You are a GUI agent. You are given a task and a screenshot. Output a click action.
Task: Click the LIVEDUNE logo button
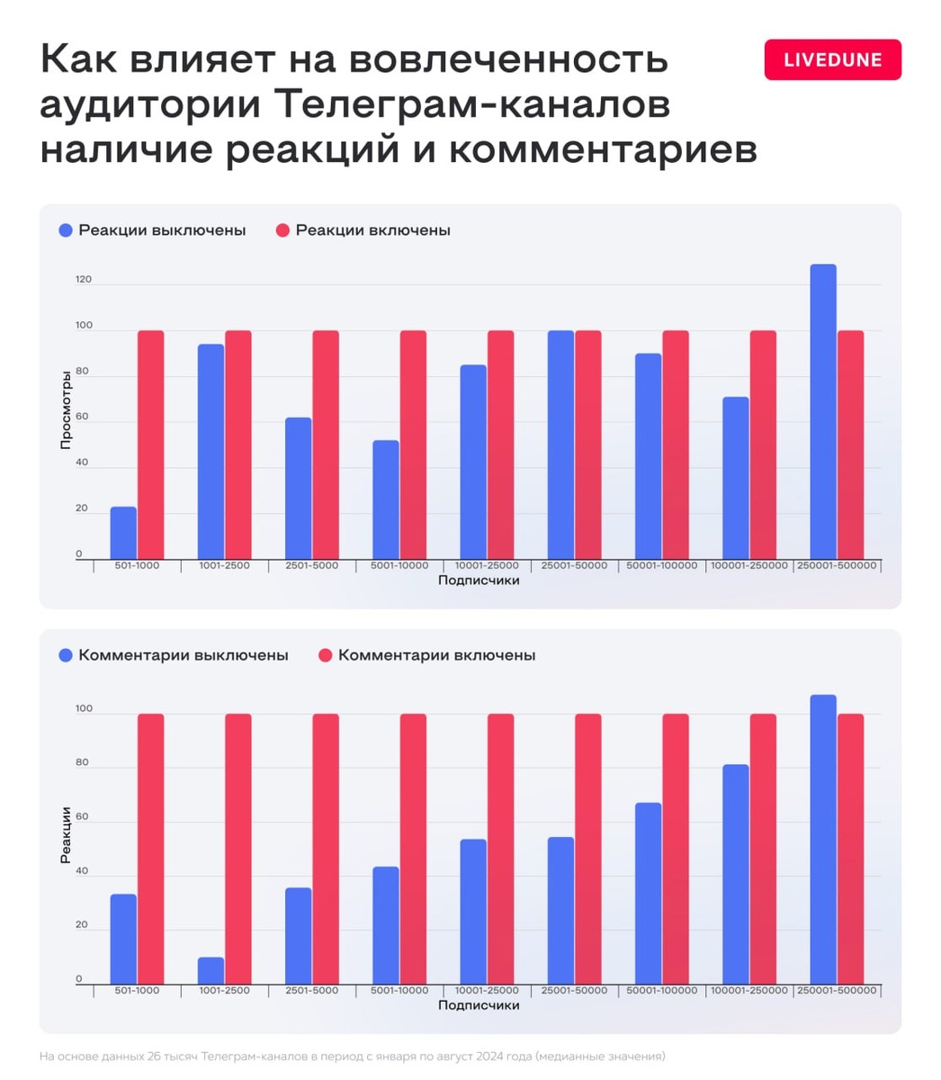pos(832,60)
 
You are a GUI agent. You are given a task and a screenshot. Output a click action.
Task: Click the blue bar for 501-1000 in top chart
pos(123,533)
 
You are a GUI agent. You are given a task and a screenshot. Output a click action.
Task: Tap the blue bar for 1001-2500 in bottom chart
pos(211,970)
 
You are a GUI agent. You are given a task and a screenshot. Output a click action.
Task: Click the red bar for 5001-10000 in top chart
pos(413,445)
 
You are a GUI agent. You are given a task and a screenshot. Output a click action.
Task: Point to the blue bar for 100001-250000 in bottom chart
pos(735,874)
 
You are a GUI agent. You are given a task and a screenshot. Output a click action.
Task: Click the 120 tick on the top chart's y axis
pos(84,280)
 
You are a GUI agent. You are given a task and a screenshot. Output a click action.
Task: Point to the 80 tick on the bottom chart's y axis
pos(83,763)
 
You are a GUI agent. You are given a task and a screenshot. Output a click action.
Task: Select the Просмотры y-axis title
pos(66,409)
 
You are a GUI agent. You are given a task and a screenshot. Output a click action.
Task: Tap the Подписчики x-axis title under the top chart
pos(479,580)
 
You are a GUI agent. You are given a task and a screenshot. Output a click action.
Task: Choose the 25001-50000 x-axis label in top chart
pos(574,566)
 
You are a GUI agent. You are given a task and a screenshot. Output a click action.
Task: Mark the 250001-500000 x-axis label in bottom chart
pos(837,990)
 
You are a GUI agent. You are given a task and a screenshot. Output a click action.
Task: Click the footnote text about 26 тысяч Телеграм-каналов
pos(352,1056)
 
